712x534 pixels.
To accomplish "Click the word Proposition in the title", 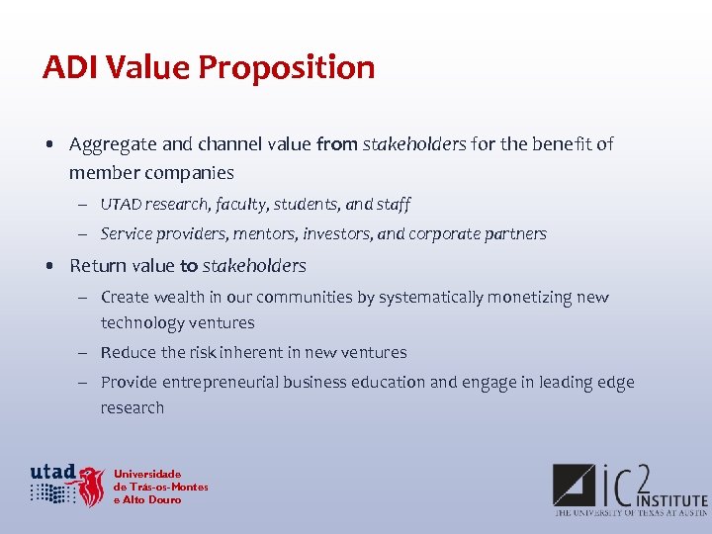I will tap(287, 67).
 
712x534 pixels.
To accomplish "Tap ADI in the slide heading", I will tap(65, 67).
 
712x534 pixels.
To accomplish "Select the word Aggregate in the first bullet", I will tap(113, 144).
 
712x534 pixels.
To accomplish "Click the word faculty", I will tap(238, 205).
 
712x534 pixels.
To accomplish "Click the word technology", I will tap(142, 323).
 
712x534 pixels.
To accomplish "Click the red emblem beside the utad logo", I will tap(92, 486).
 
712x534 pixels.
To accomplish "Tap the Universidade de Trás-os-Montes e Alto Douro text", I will tap(160, 487).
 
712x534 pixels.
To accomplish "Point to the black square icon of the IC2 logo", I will tap(575, 484).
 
